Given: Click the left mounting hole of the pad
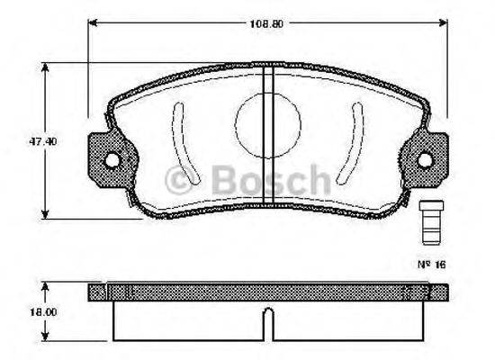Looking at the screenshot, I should pyautogui.click(x=112, y=160).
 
